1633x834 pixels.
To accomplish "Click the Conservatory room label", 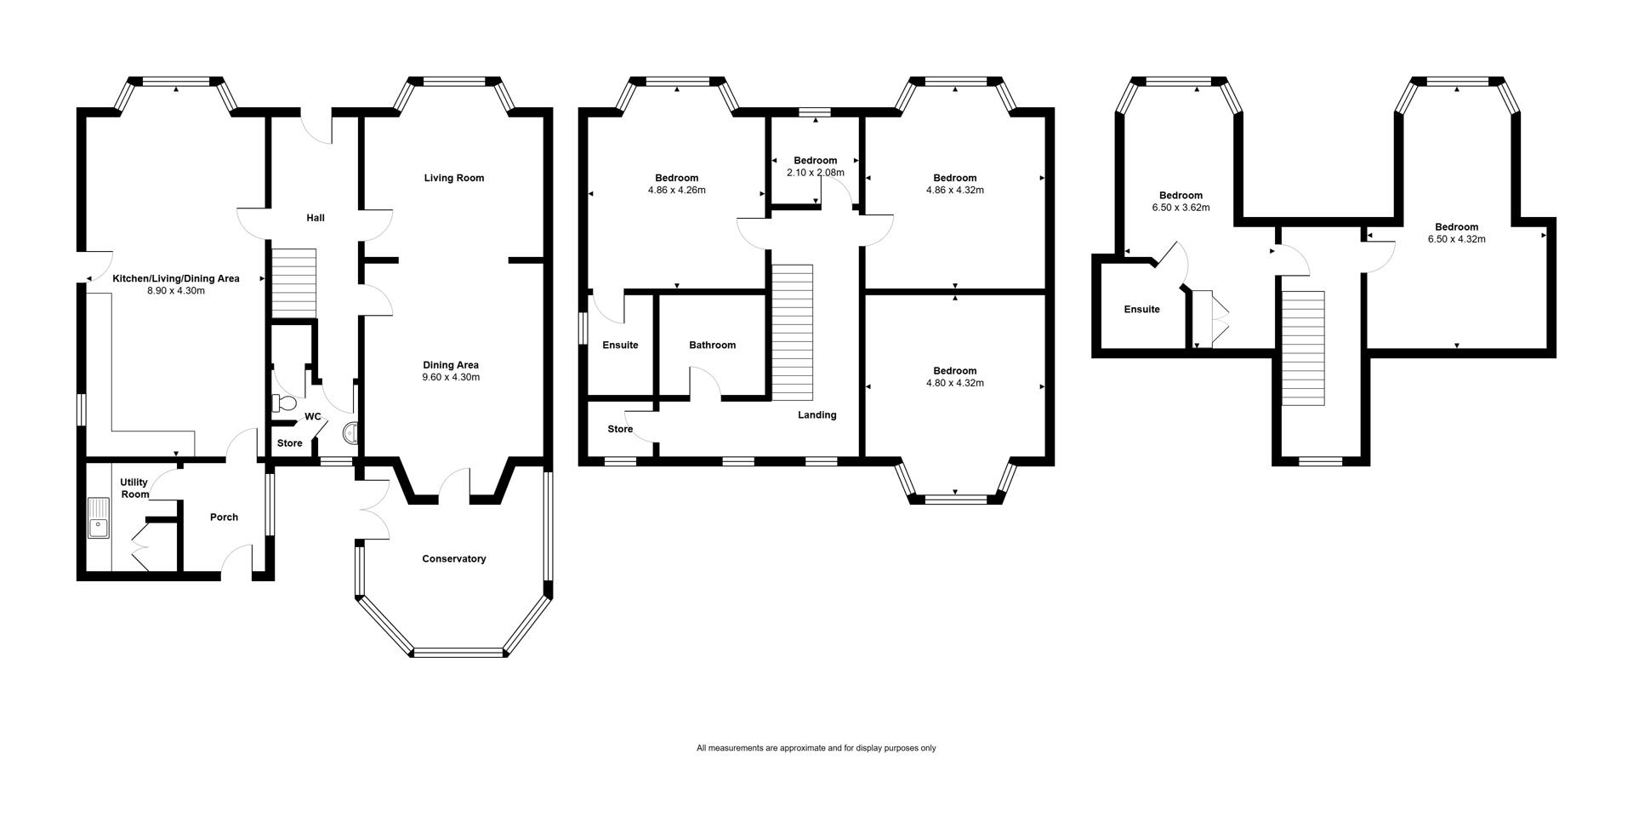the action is coord(454,559).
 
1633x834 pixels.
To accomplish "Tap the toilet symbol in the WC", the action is coord(283,403).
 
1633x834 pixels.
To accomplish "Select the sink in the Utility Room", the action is coord(100,517).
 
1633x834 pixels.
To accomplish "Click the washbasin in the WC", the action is coord(350,434).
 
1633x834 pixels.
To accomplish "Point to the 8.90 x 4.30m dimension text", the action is coord(176,291).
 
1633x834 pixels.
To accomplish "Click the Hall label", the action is coord(316,218).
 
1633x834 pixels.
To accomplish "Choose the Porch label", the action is coord(225,517).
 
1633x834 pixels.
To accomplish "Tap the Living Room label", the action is coord(454,178).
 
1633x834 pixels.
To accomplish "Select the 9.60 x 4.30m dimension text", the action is coord(451,377).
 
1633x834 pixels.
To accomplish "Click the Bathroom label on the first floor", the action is coord(713,345).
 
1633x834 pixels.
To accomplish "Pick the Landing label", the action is coord(817,415).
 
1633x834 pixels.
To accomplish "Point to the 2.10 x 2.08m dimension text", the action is coord(816,173).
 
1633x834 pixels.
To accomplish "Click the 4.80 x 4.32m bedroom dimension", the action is coord(955,383).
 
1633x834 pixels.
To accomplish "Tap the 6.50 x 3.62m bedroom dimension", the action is coord(1181,208).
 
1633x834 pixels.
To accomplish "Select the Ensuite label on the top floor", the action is coord(1142,309).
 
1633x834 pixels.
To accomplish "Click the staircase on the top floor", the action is coord(1304,348).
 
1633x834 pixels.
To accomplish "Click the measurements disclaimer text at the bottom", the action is coord(816,748).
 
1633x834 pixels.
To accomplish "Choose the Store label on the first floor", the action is coord(620,429).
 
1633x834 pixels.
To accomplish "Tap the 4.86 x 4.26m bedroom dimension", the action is coord(677,191).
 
